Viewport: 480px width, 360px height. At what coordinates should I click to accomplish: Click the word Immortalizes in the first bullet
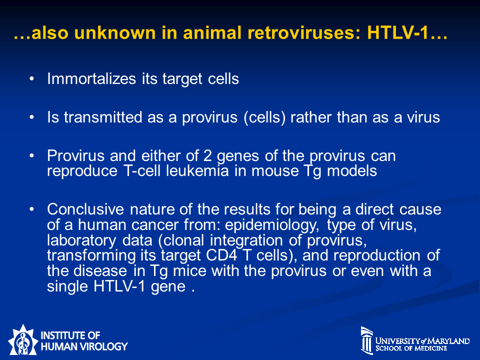pos(91,78)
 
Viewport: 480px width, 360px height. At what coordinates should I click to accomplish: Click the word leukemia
pos(197,170)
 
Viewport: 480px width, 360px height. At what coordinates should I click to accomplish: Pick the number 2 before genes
pos(207,156)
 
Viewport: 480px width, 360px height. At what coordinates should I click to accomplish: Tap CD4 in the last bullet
pos(221,255)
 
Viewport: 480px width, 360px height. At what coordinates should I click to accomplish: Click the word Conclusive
pos(85,209)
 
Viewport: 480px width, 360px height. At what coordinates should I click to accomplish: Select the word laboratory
pos(81,240)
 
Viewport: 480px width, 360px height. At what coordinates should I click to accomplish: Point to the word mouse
pos(275,171)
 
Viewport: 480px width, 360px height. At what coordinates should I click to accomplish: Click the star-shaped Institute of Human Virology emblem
pos(22,340)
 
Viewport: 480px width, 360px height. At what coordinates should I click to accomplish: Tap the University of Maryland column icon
pos(366,340)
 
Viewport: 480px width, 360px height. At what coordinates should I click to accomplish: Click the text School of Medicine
pos(411,348)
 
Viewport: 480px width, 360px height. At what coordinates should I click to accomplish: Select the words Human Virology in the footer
pos(84,346)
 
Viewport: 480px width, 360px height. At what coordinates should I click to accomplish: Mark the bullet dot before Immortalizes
pos(31,79)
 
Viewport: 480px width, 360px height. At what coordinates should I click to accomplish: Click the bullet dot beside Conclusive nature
pos(31,209)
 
